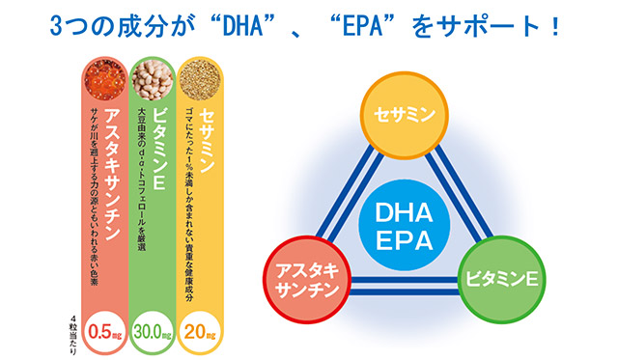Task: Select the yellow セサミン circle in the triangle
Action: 401,118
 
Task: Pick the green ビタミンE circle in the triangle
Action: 500,279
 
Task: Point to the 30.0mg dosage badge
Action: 153,332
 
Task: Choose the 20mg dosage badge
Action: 200,332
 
